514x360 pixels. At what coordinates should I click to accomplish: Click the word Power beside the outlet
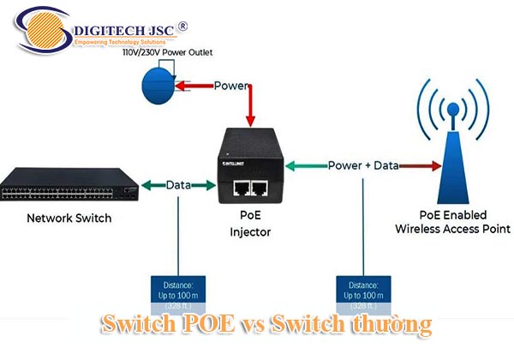[231, 86]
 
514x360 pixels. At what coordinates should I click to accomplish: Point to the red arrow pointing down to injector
[250, 107]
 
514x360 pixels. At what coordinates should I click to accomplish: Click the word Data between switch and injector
[178, 184]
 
